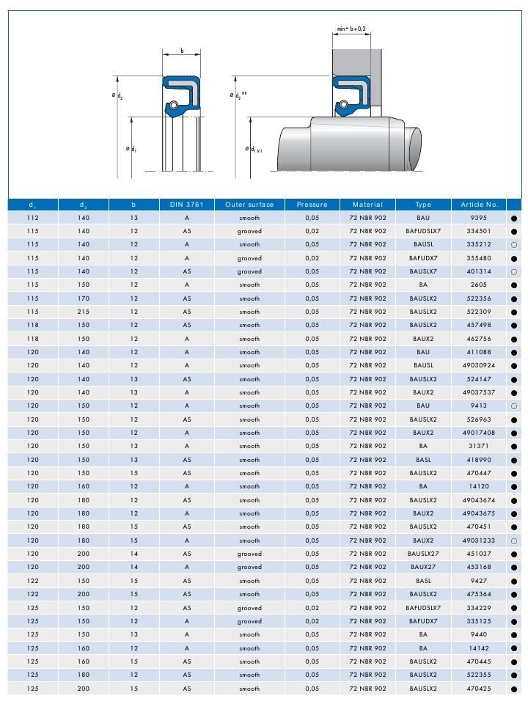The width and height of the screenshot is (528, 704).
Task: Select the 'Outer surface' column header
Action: point(249,205)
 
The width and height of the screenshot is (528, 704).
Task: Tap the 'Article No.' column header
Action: point(479,205)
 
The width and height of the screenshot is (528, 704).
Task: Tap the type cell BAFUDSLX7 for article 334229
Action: point(423,608)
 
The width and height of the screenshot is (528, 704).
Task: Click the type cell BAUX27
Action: point(423,567)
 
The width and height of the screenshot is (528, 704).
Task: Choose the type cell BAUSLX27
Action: point(423,554)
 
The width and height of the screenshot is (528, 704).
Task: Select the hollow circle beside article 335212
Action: point(515,244)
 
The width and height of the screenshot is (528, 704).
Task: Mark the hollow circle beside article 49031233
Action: point(515,540)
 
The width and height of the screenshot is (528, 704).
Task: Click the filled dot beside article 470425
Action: point(515,689)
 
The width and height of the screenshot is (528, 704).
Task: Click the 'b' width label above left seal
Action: point(181,51)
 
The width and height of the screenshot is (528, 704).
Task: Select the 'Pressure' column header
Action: point(312,205)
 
